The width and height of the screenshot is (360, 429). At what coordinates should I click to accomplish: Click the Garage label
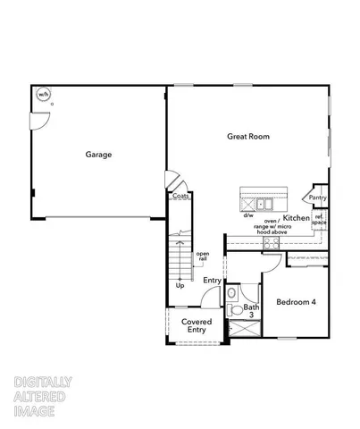click(x=98, y=155)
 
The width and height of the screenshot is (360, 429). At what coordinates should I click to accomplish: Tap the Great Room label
click(x=247, y=137)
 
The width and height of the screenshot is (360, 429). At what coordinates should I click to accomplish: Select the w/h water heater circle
click(x=42, y=94)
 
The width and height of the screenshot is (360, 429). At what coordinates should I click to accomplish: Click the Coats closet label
click(x=180, y=198)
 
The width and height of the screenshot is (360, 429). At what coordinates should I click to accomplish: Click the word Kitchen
click(x=297, y=218)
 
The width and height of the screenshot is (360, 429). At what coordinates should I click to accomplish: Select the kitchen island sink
click(x=261, y=202)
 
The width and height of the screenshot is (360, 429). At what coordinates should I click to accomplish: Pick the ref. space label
click(x=319, y=221)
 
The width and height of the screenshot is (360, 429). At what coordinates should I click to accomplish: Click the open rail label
click(x=203, y=257)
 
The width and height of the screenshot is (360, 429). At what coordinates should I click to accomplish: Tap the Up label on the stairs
click(x=180, y=286)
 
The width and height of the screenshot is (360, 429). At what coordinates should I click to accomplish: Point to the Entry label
click(x=212, y=281)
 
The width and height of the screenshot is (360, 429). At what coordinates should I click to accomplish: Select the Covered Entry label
click(x=196, y=325)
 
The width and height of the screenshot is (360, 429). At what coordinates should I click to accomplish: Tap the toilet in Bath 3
click(x=233, y=310)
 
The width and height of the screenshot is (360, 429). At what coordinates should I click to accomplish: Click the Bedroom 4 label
click(x=296, y=302)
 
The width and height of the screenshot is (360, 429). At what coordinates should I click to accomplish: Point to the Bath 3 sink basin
click(x=232, y=291)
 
